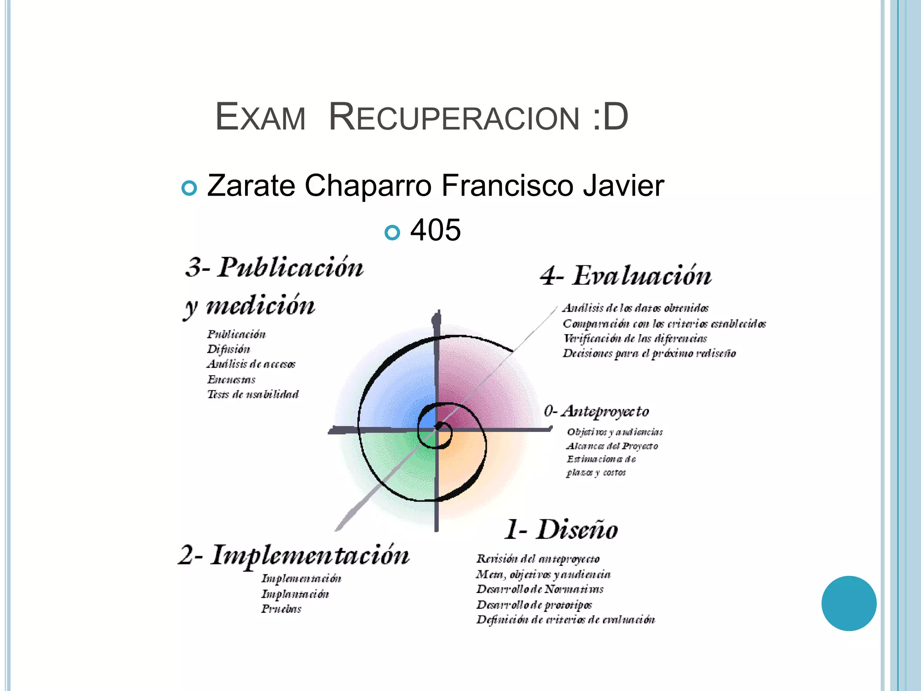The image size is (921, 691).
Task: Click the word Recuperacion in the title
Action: [454, 118]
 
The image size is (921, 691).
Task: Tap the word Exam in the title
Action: [260, 118]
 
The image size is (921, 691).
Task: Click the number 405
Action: [435, 230]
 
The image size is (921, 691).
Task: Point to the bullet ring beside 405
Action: [392, 233]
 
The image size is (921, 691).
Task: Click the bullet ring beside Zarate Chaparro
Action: [189, 188]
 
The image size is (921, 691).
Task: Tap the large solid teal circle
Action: [849, 603]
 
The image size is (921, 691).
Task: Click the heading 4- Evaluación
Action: [626, 276]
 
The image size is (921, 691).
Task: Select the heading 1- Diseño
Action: [561, 529]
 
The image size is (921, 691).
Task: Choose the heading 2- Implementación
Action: [294, 556]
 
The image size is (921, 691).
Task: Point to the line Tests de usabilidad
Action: [253, 395]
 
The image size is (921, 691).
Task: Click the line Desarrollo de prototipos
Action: [534, 605]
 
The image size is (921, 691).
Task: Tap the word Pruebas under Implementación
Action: [281, 609]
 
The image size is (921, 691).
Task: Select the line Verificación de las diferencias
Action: [635, 339]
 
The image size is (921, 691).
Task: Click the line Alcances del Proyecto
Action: [612, 446]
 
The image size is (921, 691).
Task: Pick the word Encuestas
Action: [231, 380]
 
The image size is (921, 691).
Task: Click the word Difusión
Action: [228, 350]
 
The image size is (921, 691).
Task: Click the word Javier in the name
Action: [623, 186]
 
